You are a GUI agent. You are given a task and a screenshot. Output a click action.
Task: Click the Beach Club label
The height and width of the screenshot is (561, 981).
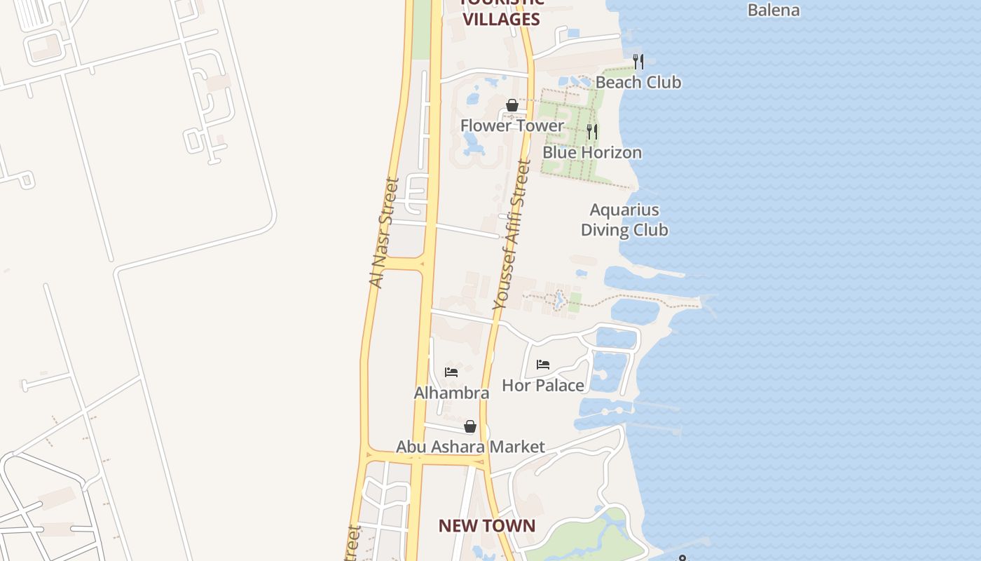[x=638, y=82]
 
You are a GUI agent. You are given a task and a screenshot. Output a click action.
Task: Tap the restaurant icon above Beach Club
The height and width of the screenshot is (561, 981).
[x=638, y=62]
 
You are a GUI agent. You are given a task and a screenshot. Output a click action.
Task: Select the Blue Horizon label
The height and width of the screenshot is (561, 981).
[x=591, y=152]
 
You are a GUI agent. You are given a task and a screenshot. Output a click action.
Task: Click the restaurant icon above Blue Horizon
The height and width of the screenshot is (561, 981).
[x=592, y=131]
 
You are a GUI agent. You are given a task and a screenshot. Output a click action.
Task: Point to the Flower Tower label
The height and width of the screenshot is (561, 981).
[x=512, y=126]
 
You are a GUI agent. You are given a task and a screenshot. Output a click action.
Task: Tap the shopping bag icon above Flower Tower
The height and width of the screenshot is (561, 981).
[x=512, y=105]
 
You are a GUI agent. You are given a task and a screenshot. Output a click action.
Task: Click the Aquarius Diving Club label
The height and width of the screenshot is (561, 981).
[x=624, y=219]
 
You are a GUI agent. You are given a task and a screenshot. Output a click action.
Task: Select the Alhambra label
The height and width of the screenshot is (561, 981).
[x=451, y=393]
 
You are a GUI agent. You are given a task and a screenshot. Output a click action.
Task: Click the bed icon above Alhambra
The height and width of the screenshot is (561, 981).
[x=451, y=372]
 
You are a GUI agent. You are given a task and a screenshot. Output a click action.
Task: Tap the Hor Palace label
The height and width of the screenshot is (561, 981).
[x=542, y=385]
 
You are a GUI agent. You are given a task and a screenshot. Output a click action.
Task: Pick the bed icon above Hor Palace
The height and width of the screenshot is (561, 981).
[x=542, y=365]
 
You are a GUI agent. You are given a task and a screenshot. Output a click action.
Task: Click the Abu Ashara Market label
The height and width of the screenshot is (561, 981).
[x=470, y=447]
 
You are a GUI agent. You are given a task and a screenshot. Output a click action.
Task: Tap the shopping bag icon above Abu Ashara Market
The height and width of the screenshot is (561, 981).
[x=470, y=426]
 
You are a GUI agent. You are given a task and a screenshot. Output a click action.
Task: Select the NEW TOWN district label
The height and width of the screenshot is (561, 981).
[x=486, y=525]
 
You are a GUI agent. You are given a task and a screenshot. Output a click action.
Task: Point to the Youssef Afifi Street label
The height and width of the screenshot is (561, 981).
[x=512, y=235]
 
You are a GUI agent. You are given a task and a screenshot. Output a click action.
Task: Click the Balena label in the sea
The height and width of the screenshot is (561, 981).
[x=774, y=10]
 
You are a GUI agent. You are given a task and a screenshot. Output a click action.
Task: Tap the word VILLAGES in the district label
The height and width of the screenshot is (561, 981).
[x=502, y=19]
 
